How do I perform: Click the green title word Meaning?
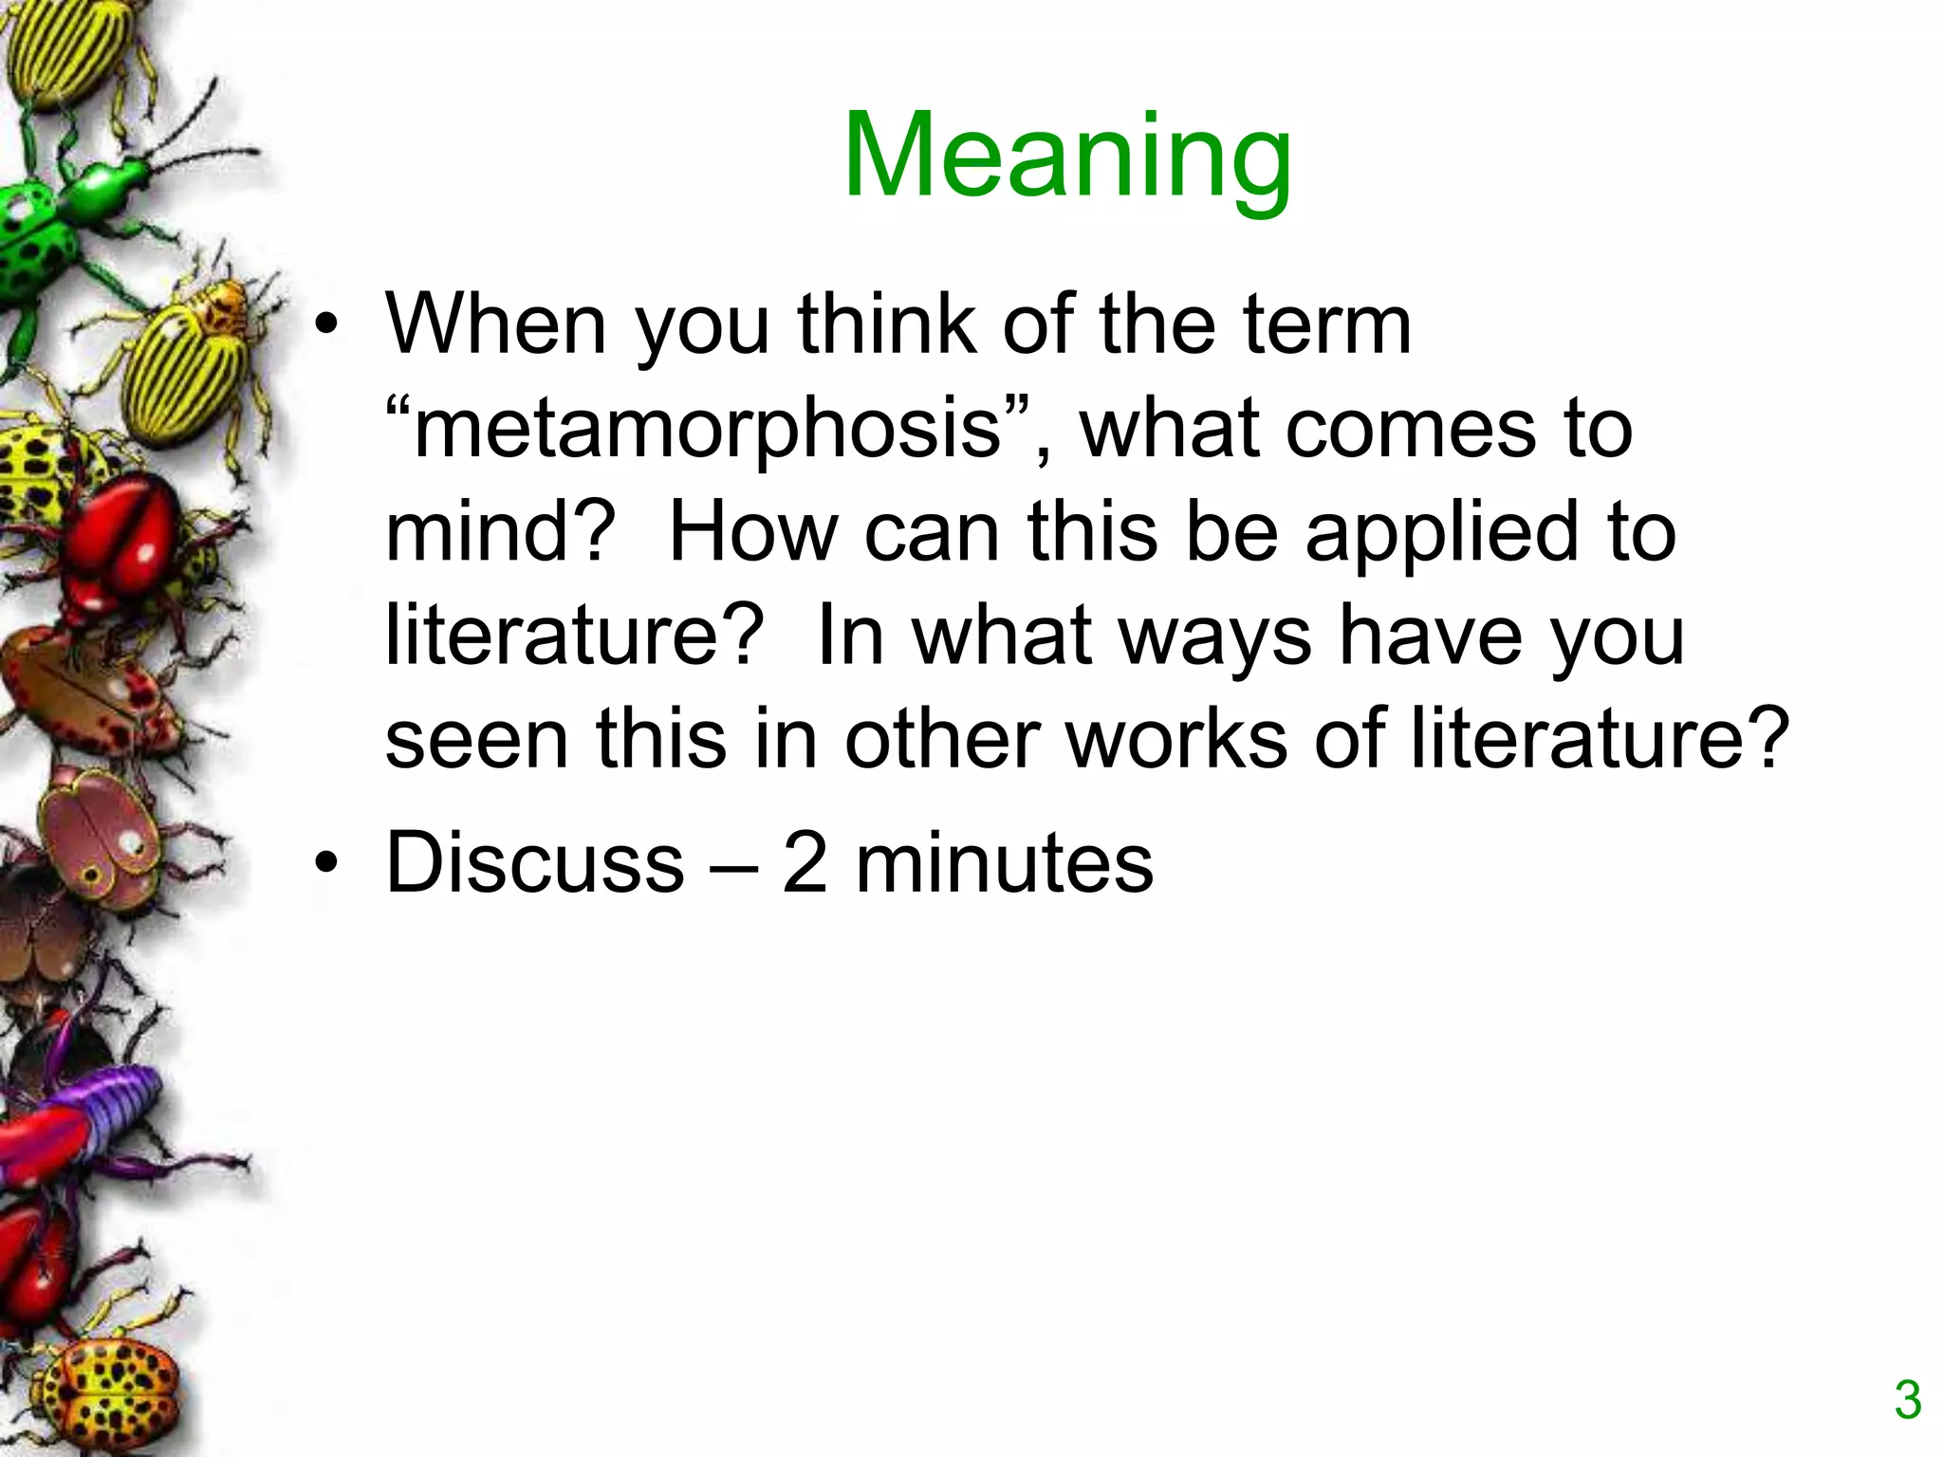coord(1067,157)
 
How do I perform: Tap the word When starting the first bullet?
coord(495,324)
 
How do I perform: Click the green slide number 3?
coord(1908,1401)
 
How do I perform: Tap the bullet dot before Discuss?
coord(326,863)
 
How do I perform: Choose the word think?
coord(886,324)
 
